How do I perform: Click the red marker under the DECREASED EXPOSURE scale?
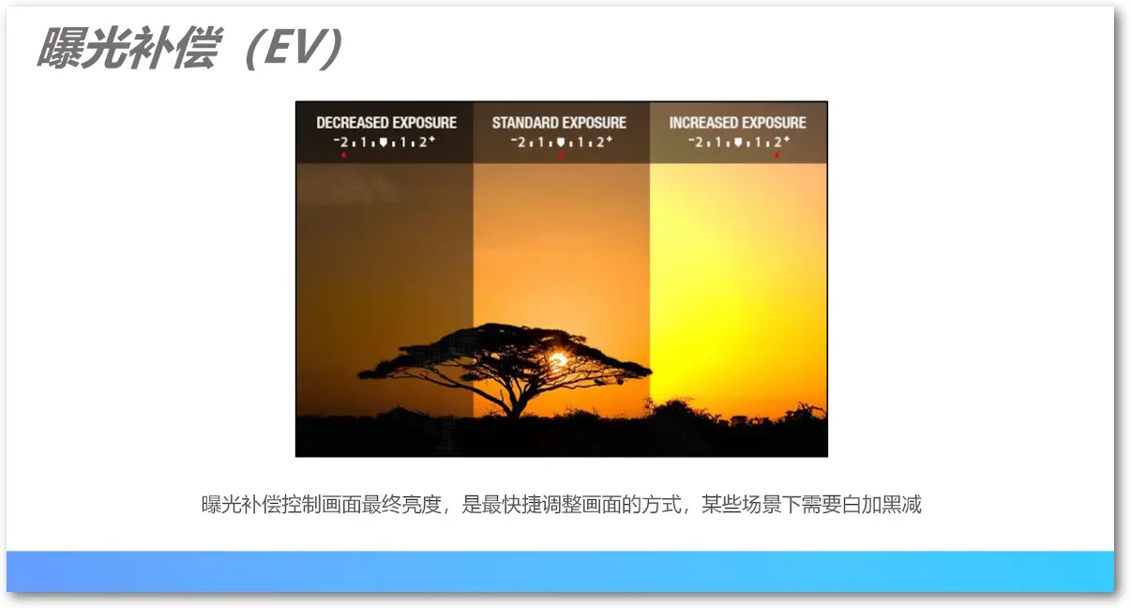(344, 155)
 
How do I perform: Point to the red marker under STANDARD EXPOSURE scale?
(561, 155)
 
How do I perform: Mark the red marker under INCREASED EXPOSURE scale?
(776, 155)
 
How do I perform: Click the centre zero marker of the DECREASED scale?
(384, 143)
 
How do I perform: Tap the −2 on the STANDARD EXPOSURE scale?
(518, 143)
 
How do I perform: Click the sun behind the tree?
(558, 360)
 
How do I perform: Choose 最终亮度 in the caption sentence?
(401, 505)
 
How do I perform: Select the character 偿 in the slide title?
(196, 48)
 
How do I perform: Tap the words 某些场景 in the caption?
(741, 505)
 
